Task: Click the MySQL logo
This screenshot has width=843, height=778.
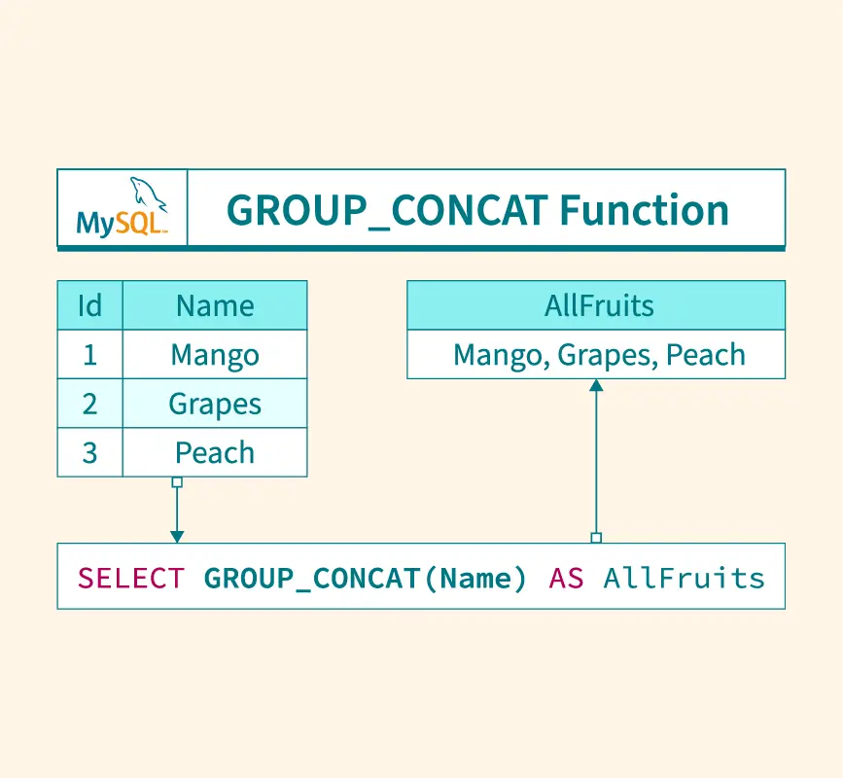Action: point(122,209)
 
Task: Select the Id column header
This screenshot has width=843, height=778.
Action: point(89,305)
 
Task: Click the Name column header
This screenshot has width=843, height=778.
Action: point(215,305)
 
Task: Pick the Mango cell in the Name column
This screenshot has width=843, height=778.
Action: point(215,355)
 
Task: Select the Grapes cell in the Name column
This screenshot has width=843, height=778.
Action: point(215,404)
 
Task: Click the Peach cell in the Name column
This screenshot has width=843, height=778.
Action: point(215,452)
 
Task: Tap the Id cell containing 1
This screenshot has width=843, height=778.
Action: point(89,355)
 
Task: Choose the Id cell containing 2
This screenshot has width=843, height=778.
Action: point(89,404)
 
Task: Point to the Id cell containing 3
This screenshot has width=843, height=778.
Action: point(89,452)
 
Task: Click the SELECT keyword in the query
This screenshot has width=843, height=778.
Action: point(130,579)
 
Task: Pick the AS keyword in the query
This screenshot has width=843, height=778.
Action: point(566,579)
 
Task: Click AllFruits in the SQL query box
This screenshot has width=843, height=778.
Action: point(684,579)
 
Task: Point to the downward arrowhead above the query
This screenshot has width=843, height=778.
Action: point(177,536)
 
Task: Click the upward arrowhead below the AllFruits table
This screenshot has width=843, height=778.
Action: point(596,385)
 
